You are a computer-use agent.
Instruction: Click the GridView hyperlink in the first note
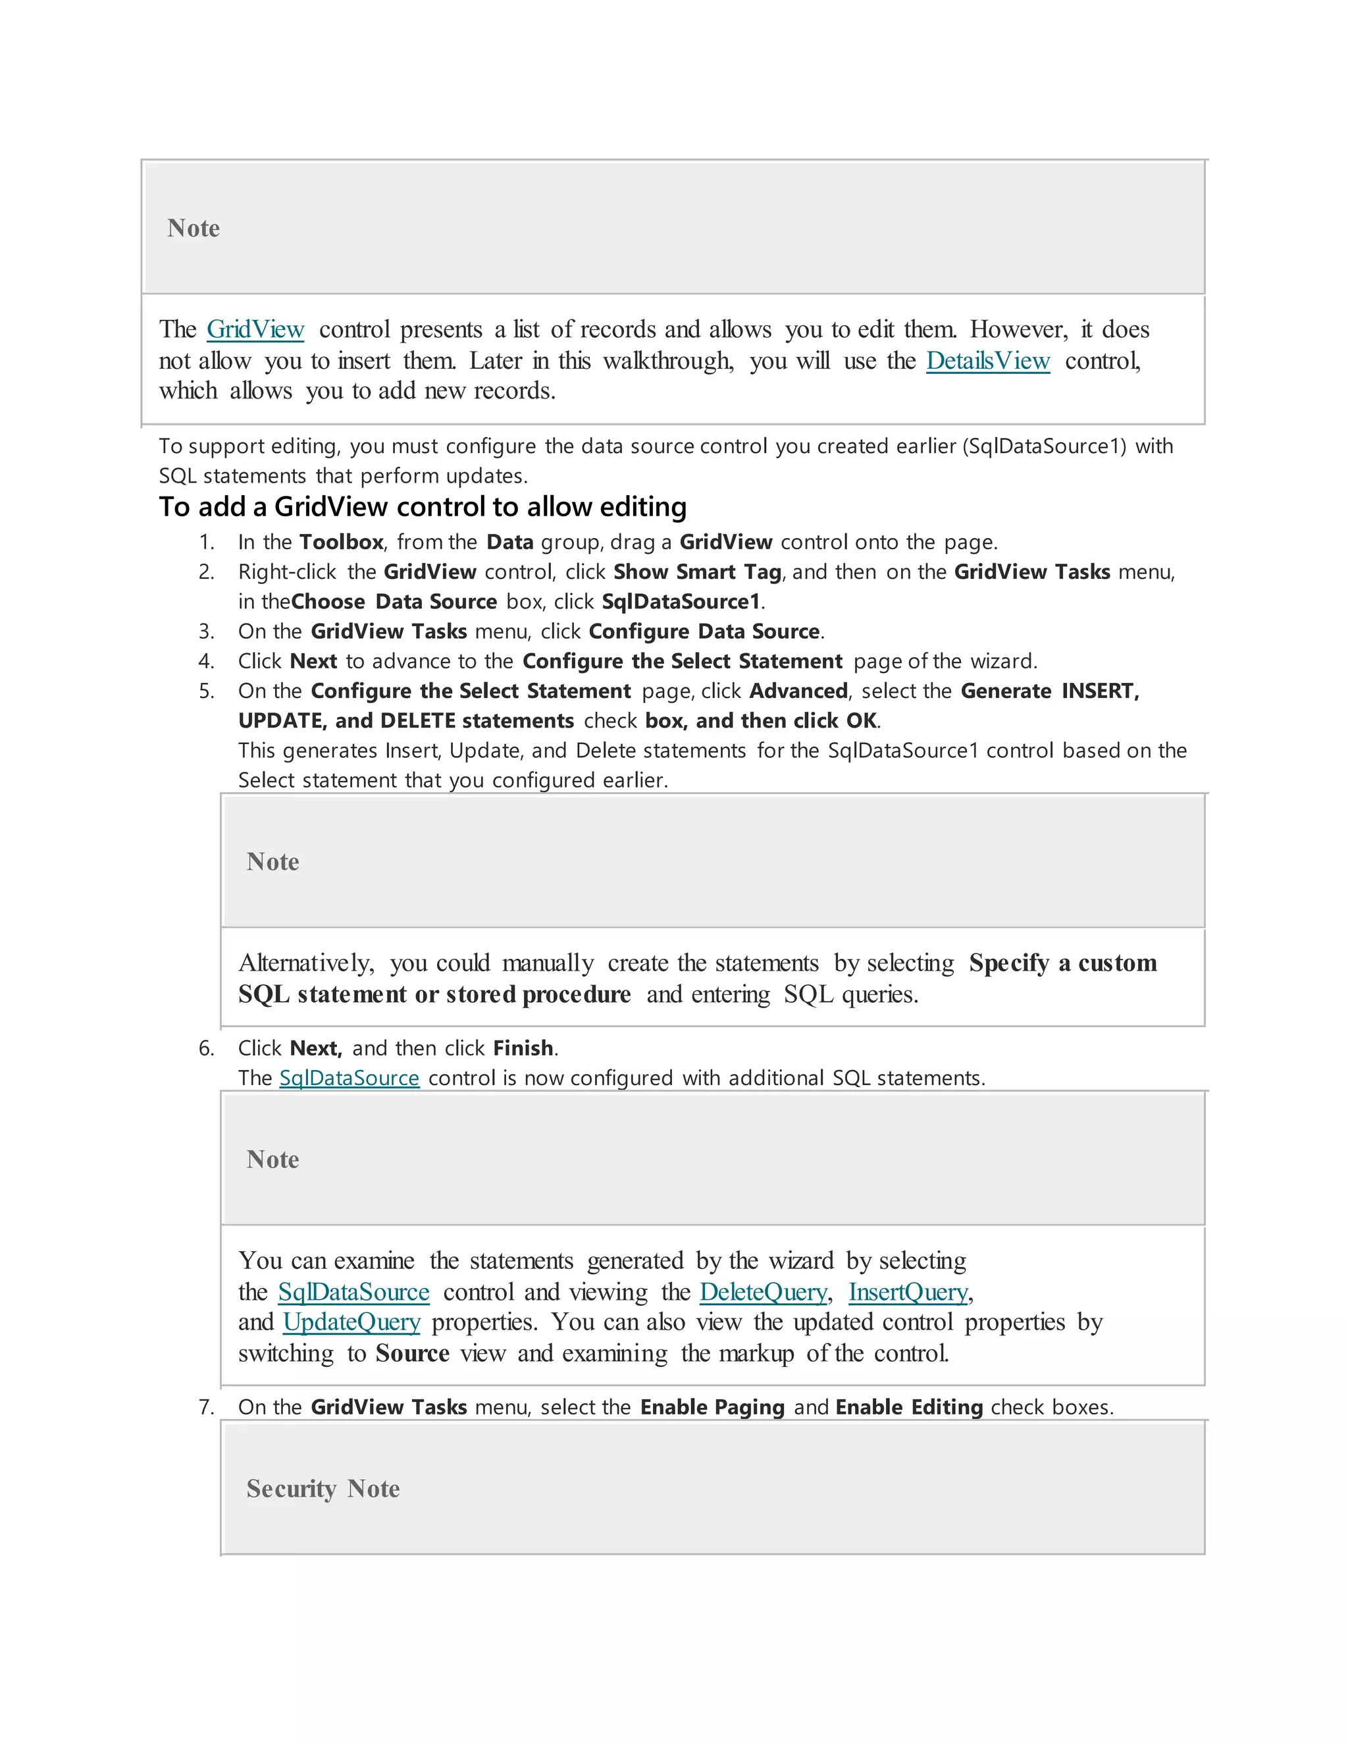coord(255,329)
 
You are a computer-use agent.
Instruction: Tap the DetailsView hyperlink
coord(987,360)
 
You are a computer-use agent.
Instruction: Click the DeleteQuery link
coord(763,1291)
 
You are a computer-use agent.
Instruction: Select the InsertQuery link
coord(908,1291)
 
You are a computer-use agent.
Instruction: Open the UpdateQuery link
coord(351,1322)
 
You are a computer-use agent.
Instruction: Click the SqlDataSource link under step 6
coord(349,1078)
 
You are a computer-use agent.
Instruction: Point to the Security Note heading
coord(323,1489)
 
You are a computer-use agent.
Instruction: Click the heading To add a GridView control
coord(423,506)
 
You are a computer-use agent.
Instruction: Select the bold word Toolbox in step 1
coord(341,542)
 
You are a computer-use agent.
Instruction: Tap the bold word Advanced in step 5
coord(798,691)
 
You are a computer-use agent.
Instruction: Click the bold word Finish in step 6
coord(523,1048)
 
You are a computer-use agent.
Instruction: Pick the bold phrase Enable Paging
coord(712,1407)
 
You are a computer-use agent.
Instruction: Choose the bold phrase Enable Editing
coord(909,1407)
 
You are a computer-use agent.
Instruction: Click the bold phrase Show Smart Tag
coord(697,572)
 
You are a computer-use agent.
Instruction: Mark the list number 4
coord(206,662)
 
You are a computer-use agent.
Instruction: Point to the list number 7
coord(206,1407)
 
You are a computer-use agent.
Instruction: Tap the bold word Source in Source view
coord(412,1353)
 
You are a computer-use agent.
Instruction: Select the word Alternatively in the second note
coord(306,963)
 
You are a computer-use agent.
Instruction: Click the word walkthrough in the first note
coord(667,360)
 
